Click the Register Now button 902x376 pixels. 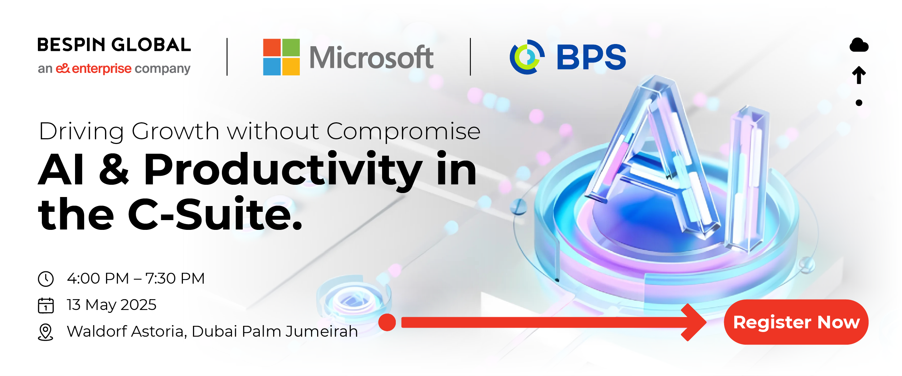click(x=796, y=322)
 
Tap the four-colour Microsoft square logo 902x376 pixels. click(x=281, y=57)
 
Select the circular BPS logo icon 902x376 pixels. click(x=527, y=57)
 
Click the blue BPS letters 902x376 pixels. click(x=591, y=57)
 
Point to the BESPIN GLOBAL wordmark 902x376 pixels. click(x=114, y=45)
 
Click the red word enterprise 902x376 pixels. click(x=102, y=68)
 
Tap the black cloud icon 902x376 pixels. click(x=859, y=45)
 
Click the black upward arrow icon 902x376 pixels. click(x=859, y=75)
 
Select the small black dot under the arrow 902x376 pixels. click(x=859, y=103)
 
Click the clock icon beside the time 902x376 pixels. click(x=46, y=279)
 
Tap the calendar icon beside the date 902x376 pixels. click(x=46, y=305)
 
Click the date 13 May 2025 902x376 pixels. click(x=111, y=305)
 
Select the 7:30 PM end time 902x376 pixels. click(x=175, y=278)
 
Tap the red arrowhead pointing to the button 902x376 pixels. click(x=693, y=322)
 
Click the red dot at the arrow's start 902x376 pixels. click(x=387, y=322)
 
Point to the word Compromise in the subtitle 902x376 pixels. click(x=403, y=132)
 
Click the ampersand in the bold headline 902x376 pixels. click(x=114, y=168)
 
